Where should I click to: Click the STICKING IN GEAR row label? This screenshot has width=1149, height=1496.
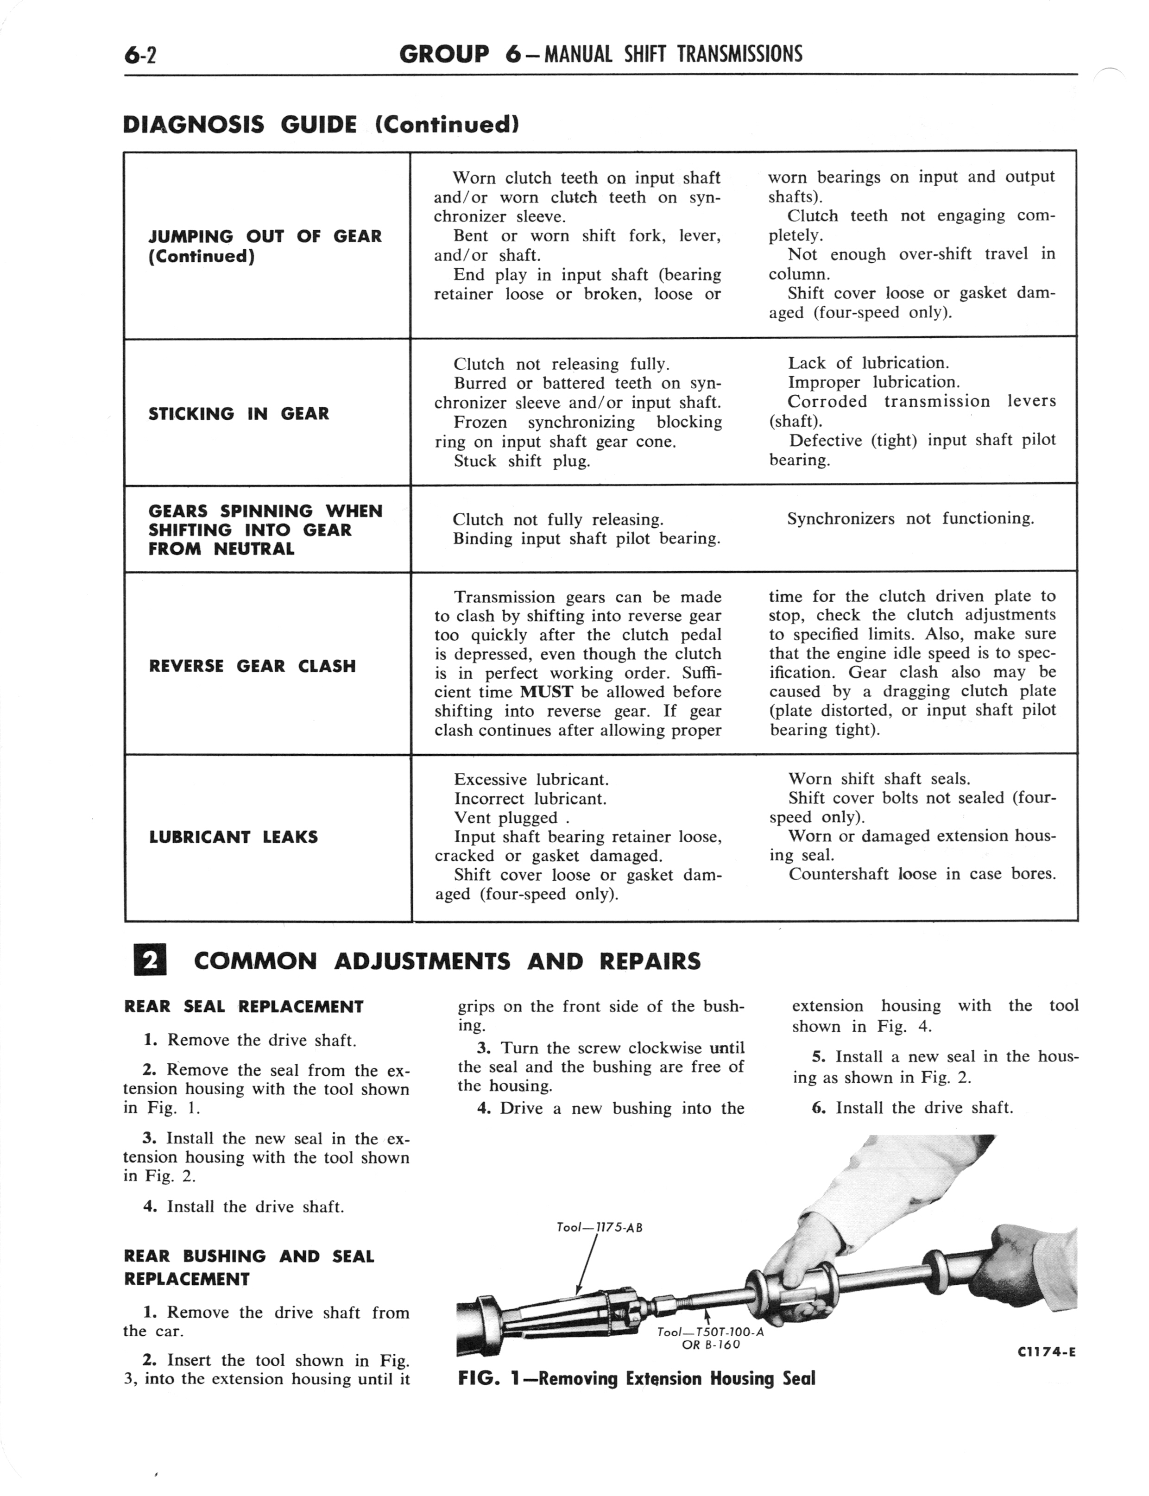pos(239,414)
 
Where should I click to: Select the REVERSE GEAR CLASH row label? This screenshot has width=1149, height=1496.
pos(253,666)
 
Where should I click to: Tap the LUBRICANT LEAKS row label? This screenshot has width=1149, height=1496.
pos(233,837)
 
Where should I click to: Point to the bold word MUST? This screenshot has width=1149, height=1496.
pos(546,692)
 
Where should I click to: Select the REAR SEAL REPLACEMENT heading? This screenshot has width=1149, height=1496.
pos(244,1006)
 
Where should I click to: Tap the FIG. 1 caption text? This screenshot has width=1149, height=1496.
pos(636,1378)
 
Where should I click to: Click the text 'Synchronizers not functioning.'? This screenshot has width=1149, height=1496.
pos(910,518)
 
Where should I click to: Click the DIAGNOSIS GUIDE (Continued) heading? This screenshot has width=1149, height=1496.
pos(320,125)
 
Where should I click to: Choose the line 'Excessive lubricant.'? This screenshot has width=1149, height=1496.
pos(531,779)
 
